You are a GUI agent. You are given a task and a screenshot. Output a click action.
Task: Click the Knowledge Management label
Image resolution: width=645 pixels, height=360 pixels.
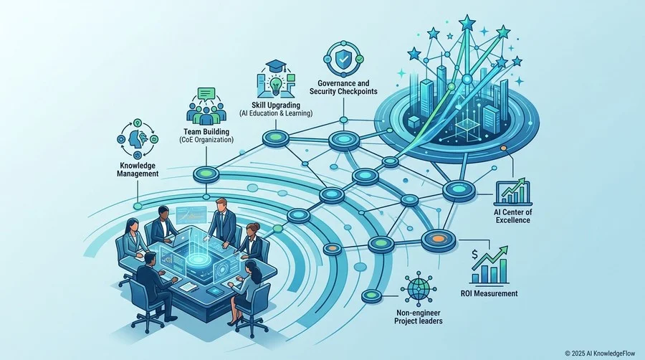(138, 169)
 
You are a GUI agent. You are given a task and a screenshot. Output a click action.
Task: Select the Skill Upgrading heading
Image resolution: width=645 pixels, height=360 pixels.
(276, 105)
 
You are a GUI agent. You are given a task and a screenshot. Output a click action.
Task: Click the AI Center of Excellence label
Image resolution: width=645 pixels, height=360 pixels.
(512, 216)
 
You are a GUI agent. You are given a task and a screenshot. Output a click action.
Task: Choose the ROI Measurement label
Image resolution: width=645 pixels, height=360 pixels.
(489, 293)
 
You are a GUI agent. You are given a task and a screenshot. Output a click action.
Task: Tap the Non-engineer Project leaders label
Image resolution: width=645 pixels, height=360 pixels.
(418, 317)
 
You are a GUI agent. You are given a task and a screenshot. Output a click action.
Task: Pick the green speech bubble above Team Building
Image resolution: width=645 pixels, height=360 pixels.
(207, 94)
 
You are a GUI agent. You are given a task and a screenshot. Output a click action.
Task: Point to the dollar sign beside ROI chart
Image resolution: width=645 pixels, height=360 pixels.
(475, 255)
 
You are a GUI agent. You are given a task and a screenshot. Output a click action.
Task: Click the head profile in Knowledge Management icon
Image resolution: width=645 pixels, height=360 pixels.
(135, 139)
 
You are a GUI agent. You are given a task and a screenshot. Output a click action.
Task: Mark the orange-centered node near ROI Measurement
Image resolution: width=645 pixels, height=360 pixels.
(439, 240)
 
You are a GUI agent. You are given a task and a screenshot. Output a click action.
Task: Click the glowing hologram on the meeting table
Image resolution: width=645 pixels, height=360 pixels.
(199, 257)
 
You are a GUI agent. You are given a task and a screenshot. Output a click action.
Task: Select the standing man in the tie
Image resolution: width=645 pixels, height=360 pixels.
(223, 222)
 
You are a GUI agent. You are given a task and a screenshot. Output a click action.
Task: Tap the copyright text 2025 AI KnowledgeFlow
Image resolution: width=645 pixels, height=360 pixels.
(600, 353)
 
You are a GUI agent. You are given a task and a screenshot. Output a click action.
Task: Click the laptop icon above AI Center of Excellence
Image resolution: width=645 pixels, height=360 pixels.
(512, 191)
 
